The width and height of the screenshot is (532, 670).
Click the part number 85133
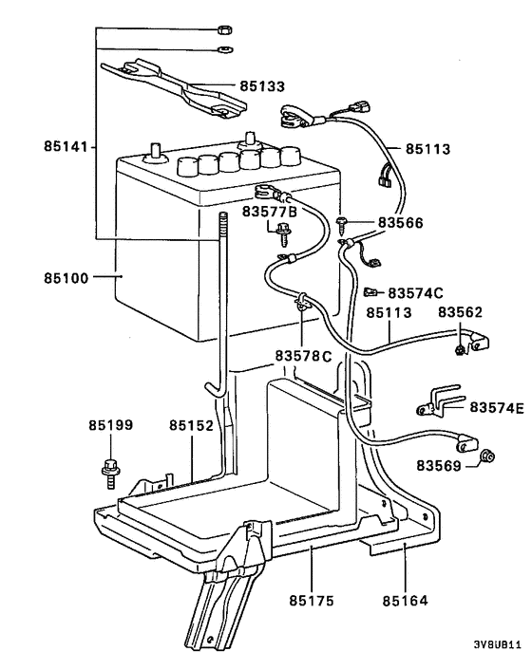[259, 86]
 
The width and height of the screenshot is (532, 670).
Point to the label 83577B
[270, 211]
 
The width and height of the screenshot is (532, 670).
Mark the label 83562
[460, 311]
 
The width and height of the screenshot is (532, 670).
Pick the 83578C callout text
[304, 357]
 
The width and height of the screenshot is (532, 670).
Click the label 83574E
[496, 407]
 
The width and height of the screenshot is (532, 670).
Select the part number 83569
[438, 465]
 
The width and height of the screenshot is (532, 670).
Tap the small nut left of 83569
[485, 456]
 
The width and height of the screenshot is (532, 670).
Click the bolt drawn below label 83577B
[280, 229]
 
